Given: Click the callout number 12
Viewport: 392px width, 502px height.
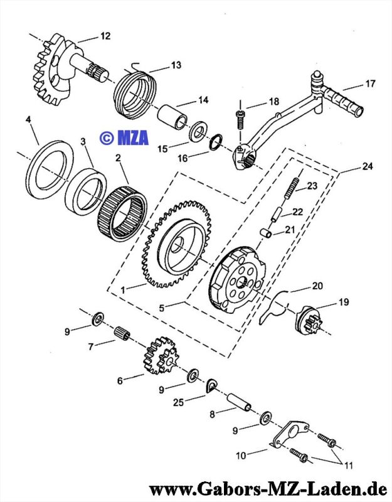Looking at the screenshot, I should point(105,36).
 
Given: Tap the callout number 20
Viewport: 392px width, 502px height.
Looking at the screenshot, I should point(317,286).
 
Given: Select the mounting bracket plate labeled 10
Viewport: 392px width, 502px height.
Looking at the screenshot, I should point(288,434).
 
